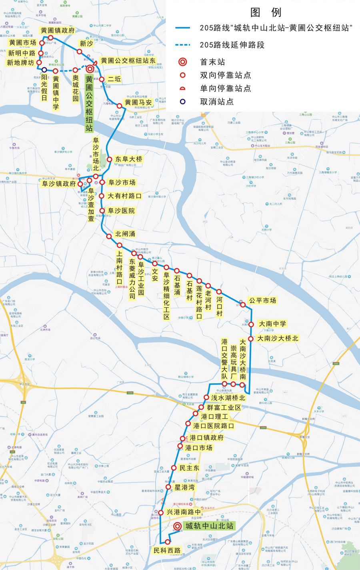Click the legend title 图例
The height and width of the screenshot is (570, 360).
pos(266,12)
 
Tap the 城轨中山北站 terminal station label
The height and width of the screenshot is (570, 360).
pos(208,526)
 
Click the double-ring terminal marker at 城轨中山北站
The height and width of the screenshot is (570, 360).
pos(177,527)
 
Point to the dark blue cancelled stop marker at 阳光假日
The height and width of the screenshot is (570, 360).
pos(44,70)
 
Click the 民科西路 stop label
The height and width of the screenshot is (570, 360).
pos(167,550)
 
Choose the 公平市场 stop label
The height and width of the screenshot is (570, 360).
pos(262,300)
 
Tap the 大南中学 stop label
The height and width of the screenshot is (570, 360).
pos(272,324)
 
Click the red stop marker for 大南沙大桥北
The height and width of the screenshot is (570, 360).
pos(251,339)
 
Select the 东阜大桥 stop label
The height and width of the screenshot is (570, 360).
pos(129,159)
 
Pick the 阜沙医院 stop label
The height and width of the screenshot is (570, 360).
pos(122,211)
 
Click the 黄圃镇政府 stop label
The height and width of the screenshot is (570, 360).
pos(58,30)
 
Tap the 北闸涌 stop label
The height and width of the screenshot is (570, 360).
pos(125,234)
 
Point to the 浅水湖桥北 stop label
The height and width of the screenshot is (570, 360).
pos(228,398)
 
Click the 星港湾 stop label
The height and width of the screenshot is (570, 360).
pos(185,487)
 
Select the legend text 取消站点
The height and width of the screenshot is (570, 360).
pos(217,102)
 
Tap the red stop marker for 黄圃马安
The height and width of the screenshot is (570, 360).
pos(119,106)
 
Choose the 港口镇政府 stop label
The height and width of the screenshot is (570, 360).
pos(206,438)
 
